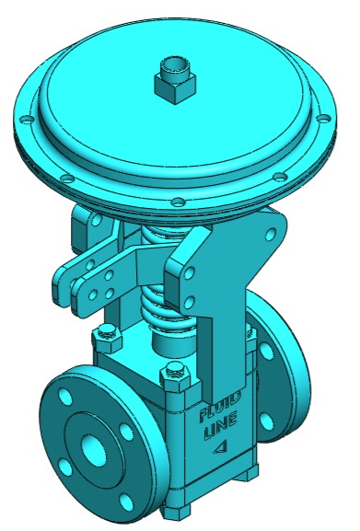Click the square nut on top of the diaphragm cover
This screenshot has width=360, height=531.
(x=175, y=87)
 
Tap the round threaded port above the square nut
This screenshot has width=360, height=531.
(x=174, y=65)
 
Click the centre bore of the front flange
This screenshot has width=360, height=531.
(x=94, y=451)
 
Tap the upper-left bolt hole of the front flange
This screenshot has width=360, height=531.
(x=65, y=397)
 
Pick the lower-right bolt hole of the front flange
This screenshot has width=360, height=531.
(x=126, y=502)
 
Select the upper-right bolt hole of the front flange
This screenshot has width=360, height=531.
(x=126, y=432)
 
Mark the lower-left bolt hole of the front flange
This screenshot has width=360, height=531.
(x=65, y=468)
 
